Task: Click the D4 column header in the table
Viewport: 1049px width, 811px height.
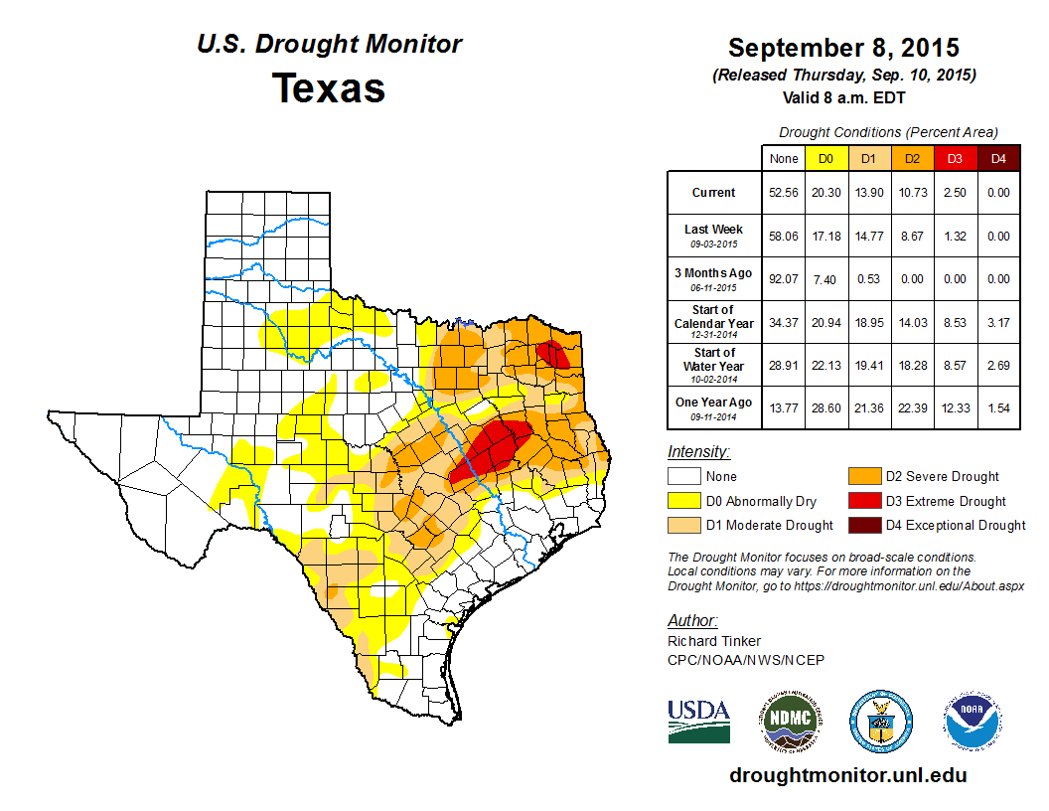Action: [x=998, y=158]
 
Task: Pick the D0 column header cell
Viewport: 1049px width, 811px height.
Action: [x=825, y=158]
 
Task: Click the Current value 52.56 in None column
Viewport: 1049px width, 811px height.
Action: [x=784, y=193]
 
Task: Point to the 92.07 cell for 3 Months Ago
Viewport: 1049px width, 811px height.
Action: [x=784, y=278]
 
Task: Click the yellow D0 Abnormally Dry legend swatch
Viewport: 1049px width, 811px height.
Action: [x=684, y=501]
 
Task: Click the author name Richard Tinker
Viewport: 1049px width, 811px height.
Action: [x=714, y=641]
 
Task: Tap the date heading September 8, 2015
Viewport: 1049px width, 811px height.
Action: [x=843, y=48]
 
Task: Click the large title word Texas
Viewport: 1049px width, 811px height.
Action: [x=329, y=87]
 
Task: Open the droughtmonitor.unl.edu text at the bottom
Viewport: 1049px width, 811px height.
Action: [x=847, y=774]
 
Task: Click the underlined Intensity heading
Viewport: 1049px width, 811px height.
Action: [x=698, y=451]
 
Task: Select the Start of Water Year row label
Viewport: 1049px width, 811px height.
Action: [x=714, y=365]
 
